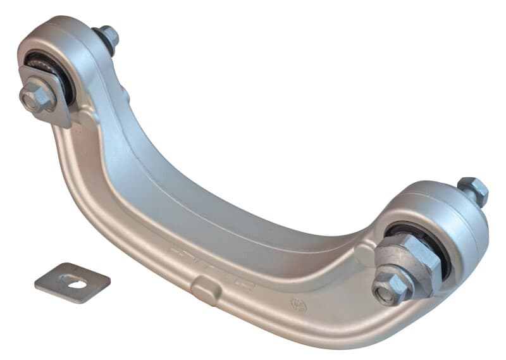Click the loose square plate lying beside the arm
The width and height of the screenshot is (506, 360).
pyautogui.click(x=71, y=282)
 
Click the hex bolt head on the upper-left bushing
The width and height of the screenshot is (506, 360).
pyautogui.click(x=37, y=96)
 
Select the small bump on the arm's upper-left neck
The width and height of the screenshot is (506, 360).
pyautogui.click(x=126, y=96)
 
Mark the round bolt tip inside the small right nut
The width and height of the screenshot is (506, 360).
pyautogui.click(x=385, y=293)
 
